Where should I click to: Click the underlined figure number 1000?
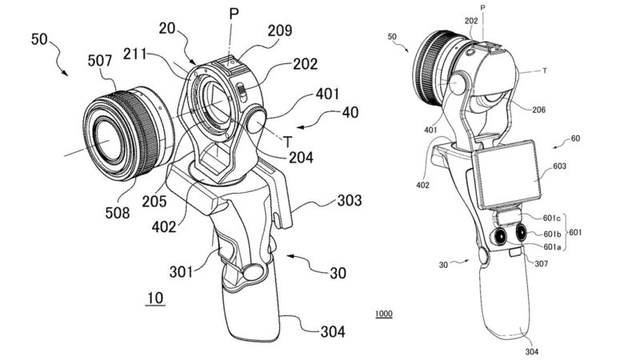pyautogui.click(x=384, y=314)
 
